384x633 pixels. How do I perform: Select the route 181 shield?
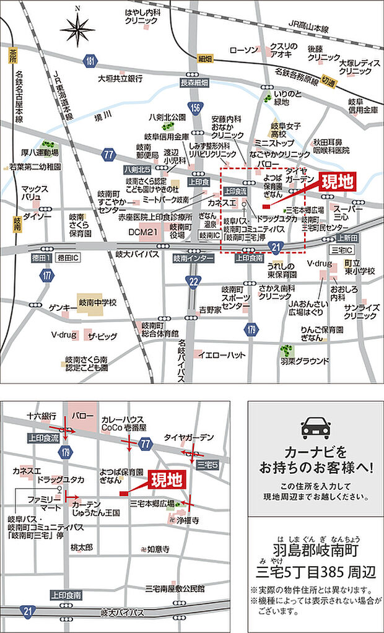pos(92,61)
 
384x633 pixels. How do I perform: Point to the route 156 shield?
pos(196,107)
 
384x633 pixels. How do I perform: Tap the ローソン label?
pos(243,50)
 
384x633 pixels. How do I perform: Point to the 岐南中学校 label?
pos(97,303)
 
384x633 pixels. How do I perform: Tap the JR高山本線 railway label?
pos(316,28)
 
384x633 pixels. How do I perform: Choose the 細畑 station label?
pos(205,59)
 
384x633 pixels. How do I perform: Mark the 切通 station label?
pos(329,81)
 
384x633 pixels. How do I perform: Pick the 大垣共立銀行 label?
pos(121,79)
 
